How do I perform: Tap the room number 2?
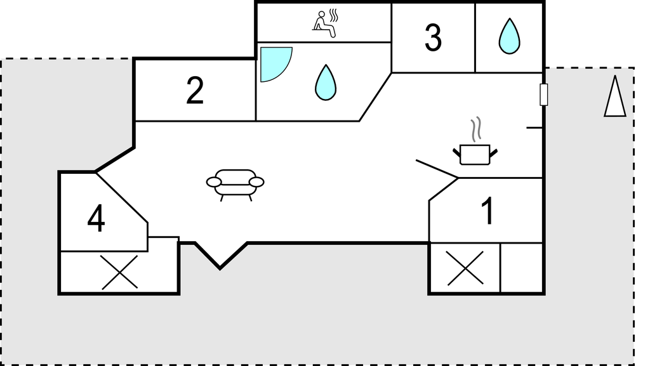click(x=195, y=91)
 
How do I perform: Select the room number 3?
click(x=433, y=37)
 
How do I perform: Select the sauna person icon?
click(x=324, y=25)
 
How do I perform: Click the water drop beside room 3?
click(x=509, y=36)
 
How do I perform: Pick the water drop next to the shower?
click(x=326, y=83)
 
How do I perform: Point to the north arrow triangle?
click(x=614, y=96)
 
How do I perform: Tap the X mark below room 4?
click(x=119, y=272)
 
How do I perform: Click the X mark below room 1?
click(x=465, y=268)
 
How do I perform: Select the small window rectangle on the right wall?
click(x=544, y=95)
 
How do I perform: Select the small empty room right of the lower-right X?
click(x=522, y=268)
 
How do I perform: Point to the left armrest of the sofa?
click(x=214, y=182)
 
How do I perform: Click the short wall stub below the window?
click(x=534, y=128)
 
